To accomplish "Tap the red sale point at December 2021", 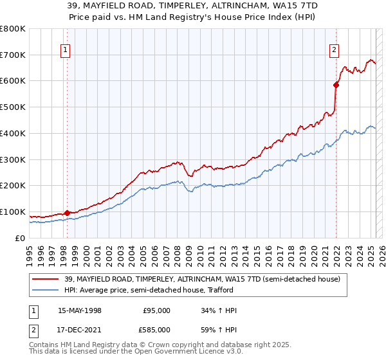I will (336, 84).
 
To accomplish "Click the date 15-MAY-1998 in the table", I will (80, 310).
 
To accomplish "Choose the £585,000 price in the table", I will (156, 330).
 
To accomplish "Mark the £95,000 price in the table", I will (156, 310).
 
